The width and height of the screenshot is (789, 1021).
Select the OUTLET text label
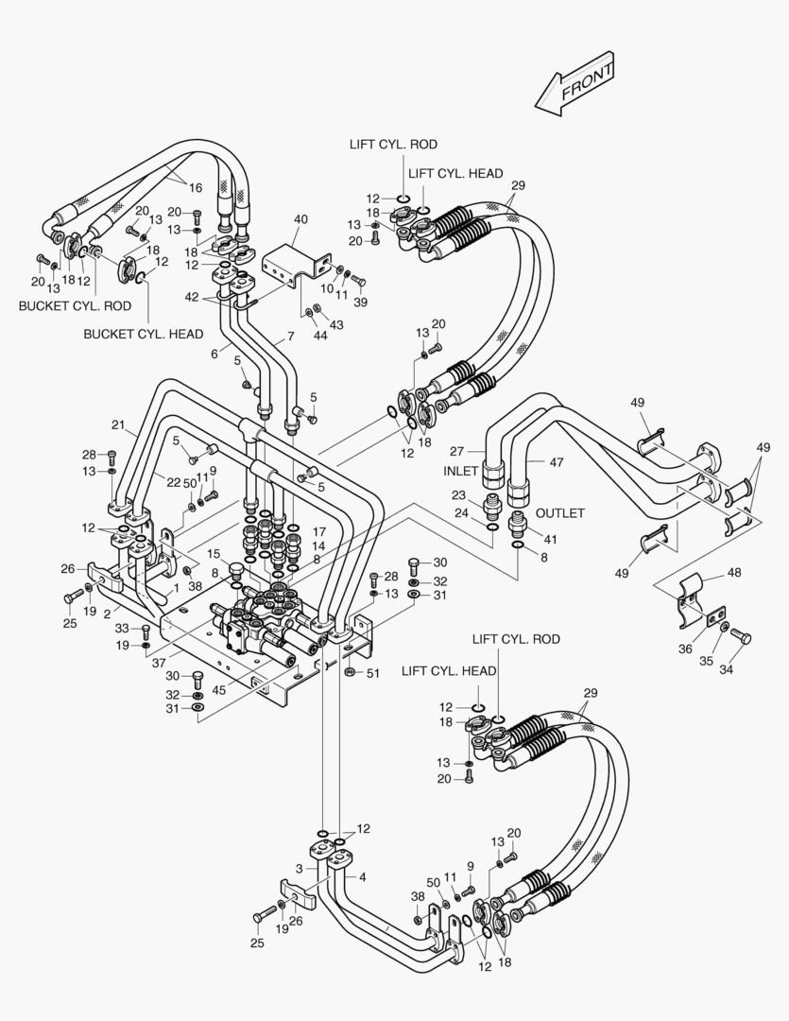(x=560, y=513)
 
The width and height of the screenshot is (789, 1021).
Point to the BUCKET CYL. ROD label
(x=75, y=306)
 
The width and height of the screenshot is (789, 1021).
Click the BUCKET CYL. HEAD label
(x=144, y=334)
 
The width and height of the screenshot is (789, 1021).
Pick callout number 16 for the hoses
(x=196, y=187)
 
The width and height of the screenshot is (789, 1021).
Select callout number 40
(x=300, y=219)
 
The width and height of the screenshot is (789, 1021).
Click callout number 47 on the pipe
(x=556, y=462)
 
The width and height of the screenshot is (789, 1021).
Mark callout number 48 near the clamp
(x=733, y=572)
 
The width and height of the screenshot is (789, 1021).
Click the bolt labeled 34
(x=741, y=638)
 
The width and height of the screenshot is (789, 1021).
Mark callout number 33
(x=122, y=628)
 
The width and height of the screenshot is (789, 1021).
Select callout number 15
(x=214, y=553)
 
